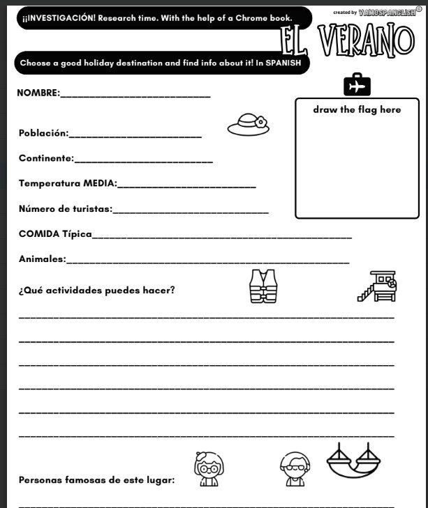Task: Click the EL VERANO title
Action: [x=347, y=41]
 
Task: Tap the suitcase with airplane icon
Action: [x=357, y=86]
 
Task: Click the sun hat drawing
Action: [x=248, y=125]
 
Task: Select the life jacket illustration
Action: [x=263, y=286]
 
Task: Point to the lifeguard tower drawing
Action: [x=377, y=286]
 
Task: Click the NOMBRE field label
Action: [x=38, y=93]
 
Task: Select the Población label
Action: [x=43, y=132]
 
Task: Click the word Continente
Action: [x=46, y=158]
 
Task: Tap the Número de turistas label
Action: [x=65, y=208]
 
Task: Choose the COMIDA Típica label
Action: [x=55, y=233]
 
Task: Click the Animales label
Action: [x=42, y=259]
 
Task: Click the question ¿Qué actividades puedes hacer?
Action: [x=96, y=290]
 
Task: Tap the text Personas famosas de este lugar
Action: [x=96, y=479]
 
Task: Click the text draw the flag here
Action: [x=357, y=109]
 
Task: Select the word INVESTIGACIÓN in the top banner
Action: [x=54, y=17]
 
